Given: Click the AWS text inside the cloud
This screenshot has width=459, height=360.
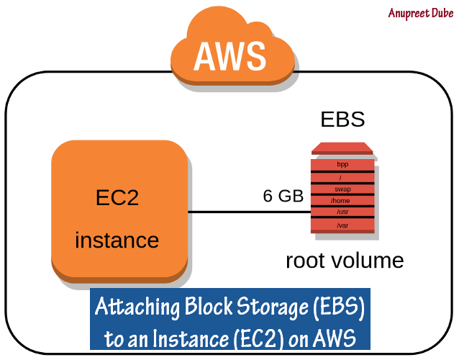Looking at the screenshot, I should coord(229,55).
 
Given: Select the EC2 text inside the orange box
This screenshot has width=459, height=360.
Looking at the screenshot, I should coord(117,198).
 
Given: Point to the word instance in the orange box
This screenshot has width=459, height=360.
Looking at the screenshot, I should coord(117,239).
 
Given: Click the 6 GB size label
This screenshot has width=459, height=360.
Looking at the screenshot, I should coord(283,197).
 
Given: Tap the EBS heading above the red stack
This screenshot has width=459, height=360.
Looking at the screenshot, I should coord(342,120).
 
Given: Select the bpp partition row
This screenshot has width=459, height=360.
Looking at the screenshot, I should coord(342,164).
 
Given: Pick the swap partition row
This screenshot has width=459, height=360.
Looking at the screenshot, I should coord(342,189).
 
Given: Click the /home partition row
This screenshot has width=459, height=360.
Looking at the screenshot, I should coord(342,201).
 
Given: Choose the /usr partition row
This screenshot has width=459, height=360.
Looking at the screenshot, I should coord(342,213).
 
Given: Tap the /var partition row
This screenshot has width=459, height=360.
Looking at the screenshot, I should coord(342,226).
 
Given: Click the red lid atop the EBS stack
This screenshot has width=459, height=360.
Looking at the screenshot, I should coord(342,149).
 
